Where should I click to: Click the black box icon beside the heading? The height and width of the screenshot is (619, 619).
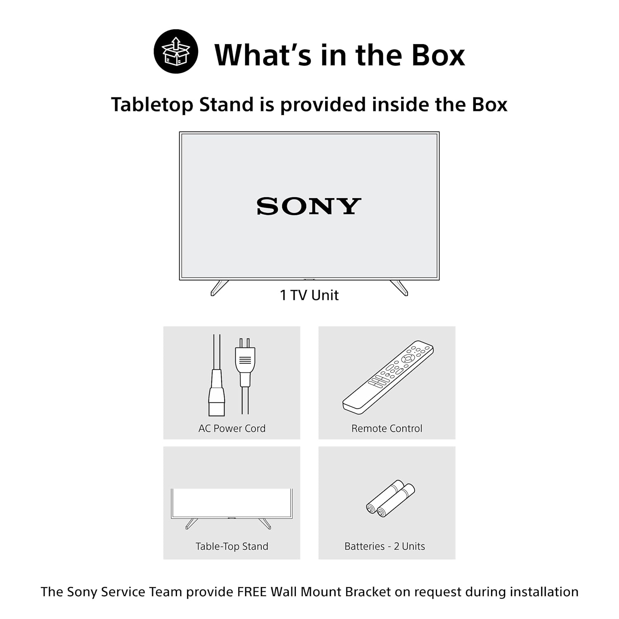click(176, 52)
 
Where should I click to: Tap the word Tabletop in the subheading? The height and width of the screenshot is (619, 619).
click(152, 105)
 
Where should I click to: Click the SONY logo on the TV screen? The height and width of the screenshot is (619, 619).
click(309, 206)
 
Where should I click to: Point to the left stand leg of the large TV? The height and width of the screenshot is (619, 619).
click(220, 288)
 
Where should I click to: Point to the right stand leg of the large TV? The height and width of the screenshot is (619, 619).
click(399, 288)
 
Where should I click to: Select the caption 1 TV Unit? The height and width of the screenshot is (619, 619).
click(309, 295)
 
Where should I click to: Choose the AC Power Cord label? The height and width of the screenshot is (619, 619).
click(232, 428)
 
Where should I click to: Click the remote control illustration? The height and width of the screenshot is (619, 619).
click(388, 377)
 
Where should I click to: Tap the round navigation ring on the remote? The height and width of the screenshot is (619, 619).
click(408, 358)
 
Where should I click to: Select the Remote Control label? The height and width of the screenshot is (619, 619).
click(387, 428)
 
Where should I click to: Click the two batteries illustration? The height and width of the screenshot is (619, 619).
click(391, 498)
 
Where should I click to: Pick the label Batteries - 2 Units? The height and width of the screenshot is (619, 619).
click(385, 546)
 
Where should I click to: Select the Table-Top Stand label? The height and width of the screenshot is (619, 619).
click(232, 546)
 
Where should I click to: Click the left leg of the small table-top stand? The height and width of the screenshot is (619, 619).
click(191, 524)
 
